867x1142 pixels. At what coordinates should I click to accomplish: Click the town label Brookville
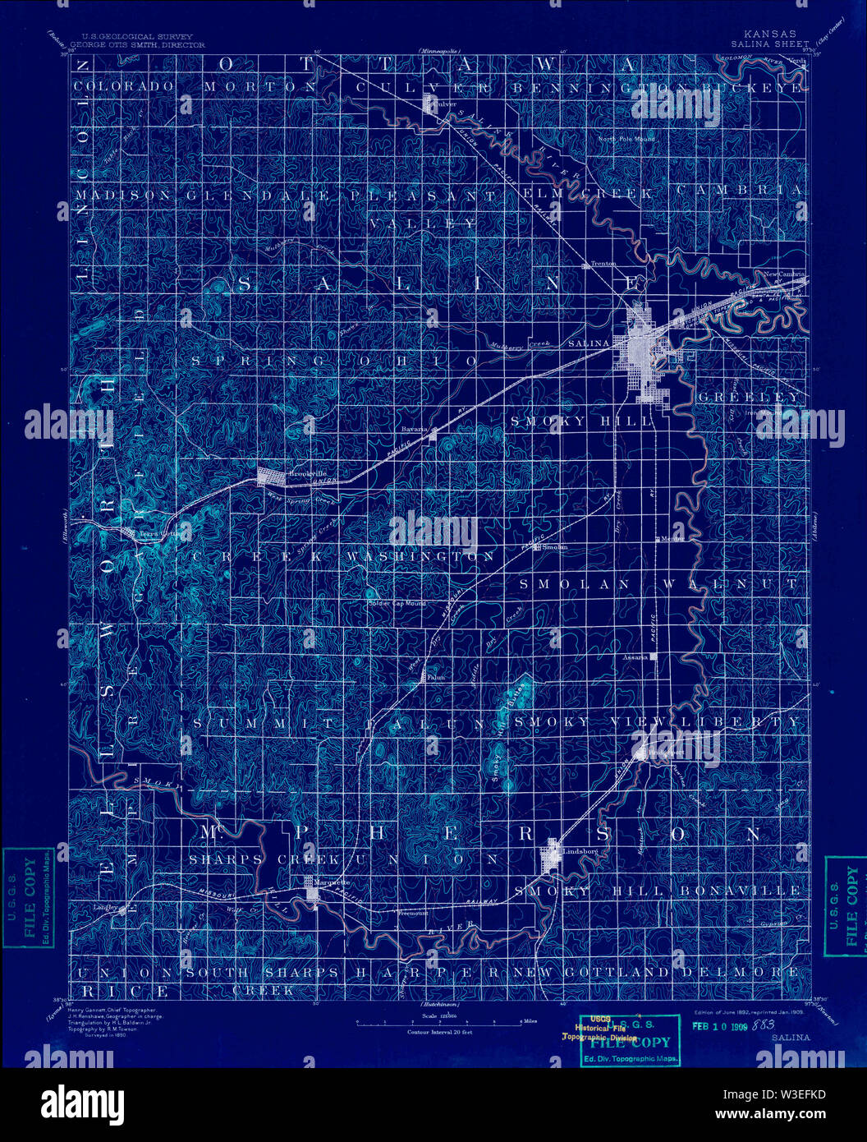coord(301,474)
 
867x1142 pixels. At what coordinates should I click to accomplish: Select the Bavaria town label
coord(415,429)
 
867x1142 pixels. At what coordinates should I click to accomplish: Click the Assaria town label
coord(635,657)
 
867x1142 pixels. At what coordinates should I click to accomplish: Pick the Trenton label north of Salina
coord(603,264)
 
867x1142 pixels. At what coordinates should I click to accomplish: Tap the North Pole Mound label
coord(626,139)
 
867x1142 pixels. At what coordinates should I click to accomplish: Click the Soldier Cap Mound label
coord(397,604)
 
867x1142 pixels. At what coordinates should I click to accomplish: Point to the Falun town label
coord(435,678)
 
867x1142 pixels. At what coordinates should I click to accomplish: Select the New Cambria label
coord(786,274)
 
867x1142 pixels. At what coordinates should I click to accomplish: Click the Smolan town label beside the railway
coord(555,546)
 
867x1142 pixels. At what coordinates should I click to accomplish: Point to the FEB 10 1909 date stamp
coord(718,1025)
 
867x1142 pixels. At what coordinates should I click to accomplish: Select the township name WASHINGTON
coord(420,557)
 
